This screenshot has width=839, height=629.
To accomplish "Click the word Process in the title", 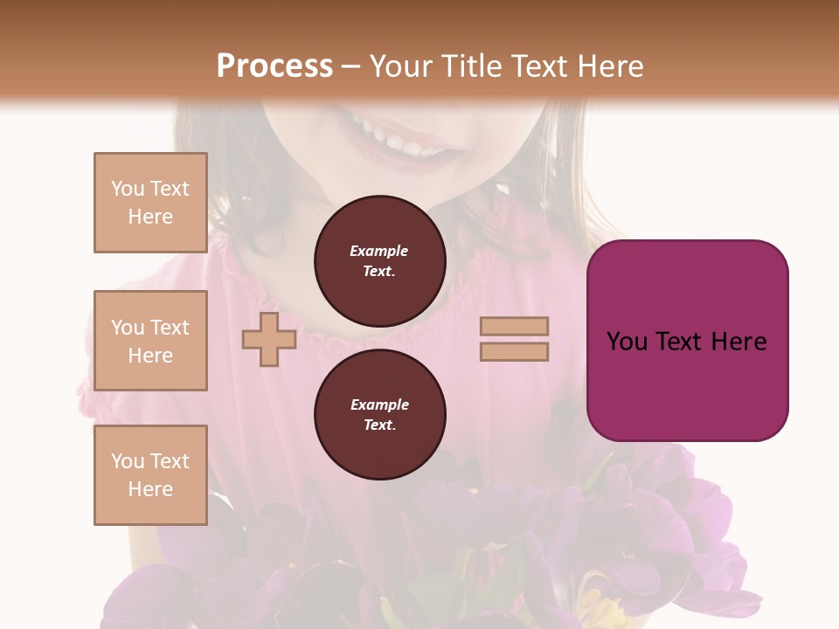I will point(274,66).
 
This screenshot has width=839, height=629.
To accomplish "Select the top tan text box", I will point(150,203).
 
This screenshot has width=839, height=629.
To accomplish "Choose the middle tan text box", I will point(150,341).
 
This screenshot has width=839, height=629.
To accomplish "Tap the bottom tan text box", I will point(150,475).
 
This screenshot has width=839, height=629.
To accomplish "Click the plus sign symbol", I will point(269,339).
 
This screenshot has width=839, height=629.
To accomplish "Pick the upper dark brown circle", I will point(379,261).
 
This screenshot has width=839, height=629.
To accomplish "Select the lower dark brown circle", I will point(379,415).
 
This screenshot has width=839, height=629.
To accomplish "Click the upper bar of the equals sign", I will point(514,326).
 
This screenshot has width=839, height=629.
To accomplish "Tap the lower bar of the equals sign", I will point(514,351).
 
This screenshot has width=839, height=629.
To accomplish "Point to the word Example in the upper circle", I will point(379,251).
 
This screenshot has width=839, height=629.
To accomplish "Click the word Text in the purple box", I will point(684,342).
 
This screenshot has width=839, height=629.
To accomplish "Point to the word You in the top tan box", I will point(128,189).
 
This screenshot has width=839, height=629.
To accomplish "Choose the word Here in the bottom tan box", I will point(150,489).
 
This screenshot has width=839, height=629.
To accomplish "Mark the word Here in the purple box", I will point(739,342).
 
